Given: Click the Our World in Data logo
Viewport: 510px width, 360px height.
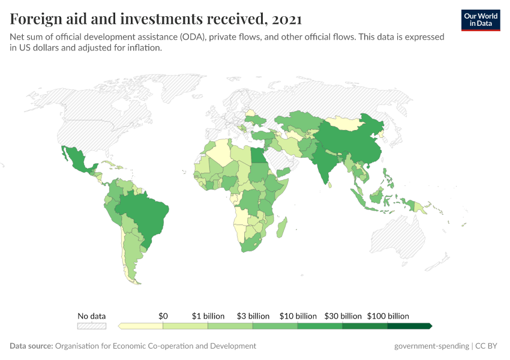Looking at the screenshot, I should click(x=481, y=20).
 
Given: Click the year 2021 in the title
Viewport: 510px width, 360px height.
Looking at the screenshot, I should click(x=286, y=19).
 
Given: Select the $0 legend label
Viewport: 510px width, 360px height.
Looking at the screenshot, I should click(x=163, y=316).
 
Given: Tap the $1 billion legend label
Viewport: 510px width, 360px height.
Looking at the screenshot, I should click(x=208, y=316).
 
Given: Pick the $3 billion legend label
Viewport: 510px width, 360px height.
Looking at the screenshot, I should click(x=253, y=316).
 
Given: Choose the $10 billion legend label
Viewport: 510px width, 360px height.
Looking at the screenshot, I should click(x=298, y=316).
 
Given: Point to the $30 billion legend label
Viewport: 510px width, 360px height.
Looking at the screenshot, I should click(x=343, y=316).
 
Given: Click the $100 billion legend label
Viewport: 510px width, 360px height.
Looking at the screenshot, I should click(x=388, y=316).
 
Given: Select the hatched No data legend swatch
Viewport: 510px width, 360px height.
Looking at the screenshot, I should click(x=92, y=326).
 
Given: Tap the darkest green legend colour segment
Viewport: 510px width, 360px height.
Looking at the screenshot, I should click(x=409, y=326).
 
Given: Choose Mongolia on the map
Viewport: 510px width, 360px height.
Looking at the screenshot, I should click(x=346, y=124).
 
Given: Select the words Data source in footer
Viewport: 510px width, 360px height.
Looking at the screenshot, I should click(x=31, y=346).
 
